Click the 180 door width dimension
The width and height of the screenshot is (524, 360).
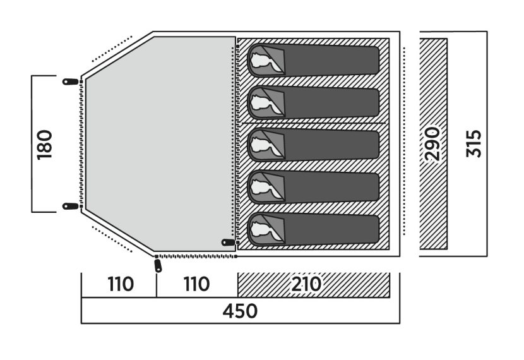click(x=45, y=145)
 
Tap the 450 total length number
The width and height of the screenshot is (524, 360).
click(x=240, y=311)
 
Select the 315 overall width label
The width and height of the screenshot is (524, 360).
click(x=474, y=143)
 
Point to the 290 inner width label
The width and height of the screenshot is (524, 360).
click(x=432, y=144)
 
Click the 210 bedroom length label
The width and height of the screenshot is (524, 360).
click(x=306, y=284)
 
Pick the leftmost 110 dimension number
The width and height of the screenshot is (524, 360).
click(x=121, y=284)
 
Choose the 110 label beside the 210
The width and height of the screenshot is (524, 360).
click(x=196, y=284)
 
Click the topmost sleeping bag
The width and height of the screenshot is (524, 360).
click(x=313, y=60)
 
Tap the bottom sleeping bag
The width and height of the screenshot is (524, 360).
click(x=313, y=230)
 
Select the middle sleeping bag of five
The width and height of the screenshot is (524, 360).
click(x=313, y=145)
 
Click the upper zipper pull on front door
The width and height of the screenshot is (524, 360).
click(x=71, y=81)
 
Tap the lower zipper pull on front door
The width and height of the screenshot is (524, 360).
click(x=71, y=207)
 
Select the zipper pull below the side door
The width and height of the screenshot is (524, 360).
click(x=158, y=266)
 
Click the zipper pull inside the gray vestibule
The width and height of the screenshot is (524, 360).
click(x=229, y=243)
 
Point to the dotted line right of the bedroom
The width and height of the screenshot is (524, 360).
click(x=404, y=141)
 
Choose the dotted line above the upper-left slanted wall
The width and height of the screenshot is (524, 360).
click(x=112, y=49)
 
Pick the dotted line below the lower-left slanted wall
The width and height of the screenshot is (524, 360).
click(x=112, y=239)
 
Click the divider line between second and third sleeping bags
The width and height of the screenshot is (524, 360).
click(x=313, y=123)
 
